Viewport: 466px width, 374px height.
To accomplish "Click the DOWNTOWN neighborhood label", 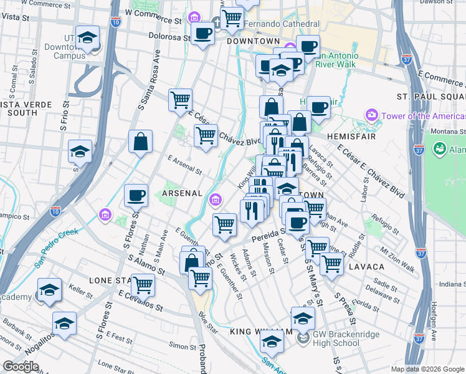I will coord(253,41).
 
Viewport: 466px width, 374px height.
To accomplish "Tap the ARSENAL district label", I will coord(182,193).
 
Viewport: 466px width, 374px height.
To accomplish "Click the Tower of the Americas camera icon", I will coord(373,115).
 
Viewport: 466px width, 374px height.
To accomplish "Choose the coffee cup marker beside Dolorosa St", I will coord(202,34).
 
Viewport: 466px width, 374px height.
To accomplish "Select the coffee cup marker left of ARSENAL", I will coord(136,196).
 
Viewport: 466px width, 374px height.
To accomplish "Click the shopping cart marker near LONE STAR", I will coord(143,285).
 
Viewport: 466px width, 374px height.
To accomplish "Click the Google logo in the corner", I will coord(21,367).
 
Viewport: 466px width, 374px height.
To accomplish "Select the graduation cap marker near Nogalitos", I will coord(64,324).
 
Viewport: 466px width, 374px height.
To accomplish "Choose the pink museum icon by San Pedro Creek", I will coord(105,216).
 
